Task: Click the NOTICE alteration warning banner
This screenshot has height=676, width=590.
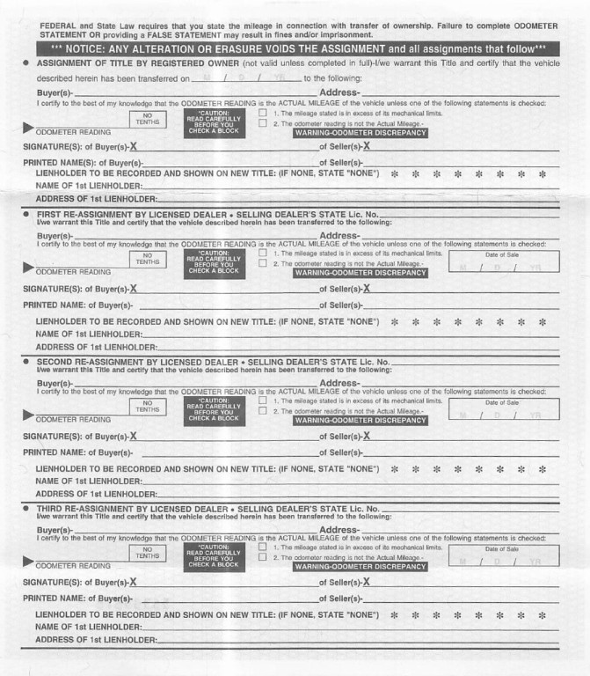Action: [298, 48]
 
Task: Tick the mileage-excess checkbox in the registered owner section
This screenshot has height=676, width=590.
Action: [263, 114]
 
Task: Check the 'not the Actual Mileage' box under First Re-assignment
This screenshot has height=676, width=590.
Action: [263, 263]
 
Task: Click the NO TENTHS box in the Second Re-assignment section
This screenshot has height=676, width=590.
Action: [148, 406]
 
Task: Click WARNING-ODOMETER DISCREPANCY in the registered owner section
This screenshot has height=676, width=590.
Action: [361, 133]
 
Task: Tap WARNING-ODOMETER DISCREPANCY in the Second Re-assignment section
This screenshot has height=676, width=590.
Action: [361, 420]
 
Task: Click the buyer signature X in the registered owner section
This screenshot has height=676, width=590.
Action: [134, 145]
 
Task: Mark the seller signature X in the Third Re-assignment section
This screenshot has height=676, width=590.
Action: [366, 582]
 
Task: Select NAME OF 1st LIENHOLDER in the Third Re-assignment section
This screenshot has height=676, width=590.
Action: [88, 626]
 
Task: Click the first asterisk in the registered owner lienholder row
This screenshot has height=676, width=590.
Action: [394, 173]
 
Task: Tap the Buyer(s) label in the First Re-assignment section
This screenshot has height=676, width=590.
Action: [55, 236]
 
